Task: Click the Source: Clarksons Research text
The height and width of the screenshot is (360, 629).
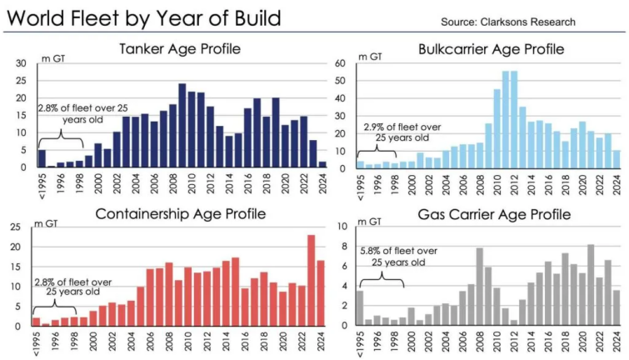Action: tap(522, 19)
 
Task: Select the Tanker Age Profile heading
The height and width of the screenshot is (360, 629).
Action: tap(180, 49)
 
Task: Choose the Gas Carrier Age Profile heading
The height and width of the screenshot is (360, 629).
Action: tap(497, 214)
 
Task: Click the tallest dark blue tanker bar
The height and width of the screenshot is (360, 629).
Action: tap(182, 125)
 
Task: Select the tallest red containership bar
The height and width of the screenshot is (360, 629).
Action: tap(312, 280)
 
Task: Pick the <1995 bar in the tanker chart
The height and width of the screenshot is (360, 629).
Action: tap(42, 158)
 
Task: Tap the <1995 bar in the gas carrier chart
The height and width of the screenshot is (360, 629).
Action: tap(360, 307)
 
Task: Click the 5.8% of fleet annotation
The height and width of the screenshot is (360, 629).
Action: tap(397, 254)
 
